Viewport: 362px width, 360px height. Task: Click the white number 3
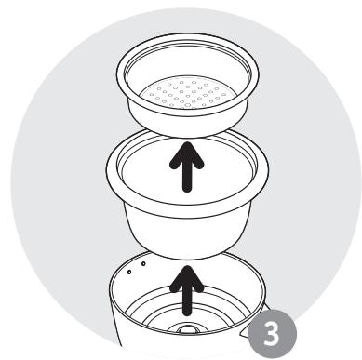coord(272,333)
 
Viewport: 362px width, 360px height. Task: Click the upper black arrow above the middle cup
coord(187,167)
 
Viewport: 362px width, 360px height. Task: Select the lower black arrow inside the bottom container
coord(187,291)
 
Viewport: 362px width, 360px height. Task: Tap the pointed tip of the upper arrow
coord(187,142)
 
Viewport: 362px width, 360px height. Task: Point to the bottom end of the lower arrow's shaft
coord(187,314)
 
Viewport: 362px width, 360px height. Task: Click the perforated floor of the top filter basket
coord(187,94)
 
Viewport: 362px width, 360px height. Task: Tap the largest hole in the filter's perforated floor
coord(187,105)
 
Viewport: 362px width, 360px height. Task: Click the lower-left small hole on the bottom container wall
coord(129,273)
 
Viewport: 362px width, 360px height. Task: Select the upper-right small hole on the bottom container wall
coord(143,264)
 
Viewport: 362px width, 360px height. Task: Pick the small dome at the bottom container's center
coord(187,329)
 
